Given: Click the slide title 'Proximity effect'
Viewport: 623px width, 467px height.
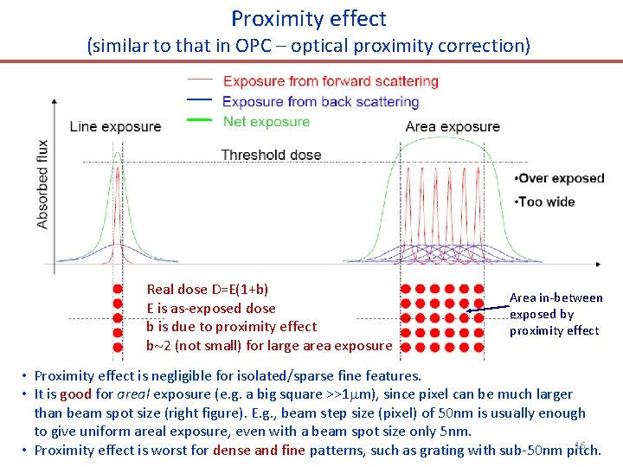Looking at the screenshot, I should (309, 18).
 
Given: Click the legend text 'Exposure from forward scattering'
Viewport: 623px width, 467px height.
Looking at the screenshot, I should (331, 81).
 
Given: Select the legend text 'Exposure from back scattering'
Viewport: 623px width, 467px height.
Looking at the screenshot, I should (321, 102).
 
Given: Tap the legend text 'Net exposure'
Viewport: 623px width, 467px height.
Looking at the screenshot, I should (266, 122).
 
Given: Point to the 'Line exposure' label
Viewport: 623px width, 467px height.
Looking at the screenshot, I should (115, 126).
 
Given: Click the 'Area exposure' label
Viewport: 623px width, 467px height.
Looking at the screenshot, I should (453, 126).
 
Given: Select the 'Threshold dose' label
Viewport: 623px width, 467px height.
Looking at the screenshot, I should (271, 156).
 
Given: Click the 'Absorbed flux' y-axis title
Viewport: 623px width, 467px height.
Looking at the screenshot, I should (42, 184).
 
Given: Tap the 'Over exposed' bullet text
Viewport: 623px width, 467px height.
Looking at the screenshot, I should (560, 178).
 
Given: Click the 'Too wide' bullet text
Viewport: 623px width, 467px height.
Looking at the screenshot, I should (547, 202).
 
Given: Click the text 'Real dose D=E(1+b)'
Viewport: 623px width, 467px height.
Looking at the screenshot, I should (208, 290).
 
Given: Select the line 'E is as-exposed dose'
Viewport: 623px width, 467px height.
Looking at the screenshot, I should (211, 308).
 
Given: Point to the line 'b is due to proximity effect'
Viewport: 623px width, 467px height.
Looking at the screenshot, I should (232, 326).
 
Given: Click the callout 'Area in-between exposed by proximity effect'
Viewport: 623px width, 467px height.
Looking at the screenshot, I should (556, 314).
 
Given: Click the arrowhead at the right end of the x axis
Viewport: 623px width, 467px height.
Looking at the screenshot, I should (599, 263).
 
